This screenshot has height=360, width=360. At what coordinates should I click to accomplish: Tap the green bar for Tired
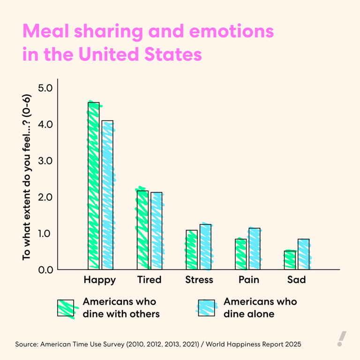[x=142, y=230]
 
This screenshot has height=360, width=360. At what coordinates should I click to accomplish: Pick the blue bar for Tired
[x=156, y=231]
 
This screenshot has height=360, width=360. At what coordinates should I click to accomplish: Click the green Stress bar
[x=191, y=249]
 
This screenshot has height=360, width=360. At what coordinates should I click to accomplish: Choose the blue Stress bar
[x=205, y=247]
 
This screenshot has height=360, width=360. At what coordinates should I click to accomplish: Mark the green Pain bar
[x=240, y=254]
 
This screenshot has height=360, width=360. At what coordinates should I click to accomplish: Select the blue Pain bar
[x=254, y=248]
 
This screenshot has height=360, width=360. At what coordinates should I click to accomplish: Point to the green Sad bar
[x=290, y=260]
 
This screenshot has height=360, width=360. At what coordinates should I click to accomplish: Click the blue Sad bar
[x=303, y=254]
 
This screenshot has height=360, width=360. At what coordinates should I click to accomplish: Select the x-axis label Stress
[x=199, y=280]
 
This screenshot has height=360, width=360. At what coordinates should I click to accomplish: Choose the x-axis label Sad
[x=296, y=280]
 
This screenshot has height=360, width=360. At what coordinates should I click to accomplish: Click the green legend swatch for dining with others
[x=66, y=308]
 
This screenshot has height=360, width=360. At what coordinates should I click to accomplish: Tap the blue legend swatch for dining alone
[x=206, y=308]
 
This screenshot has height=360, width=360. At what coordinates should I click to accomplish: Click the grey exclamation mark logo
[x=342, y=338]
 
